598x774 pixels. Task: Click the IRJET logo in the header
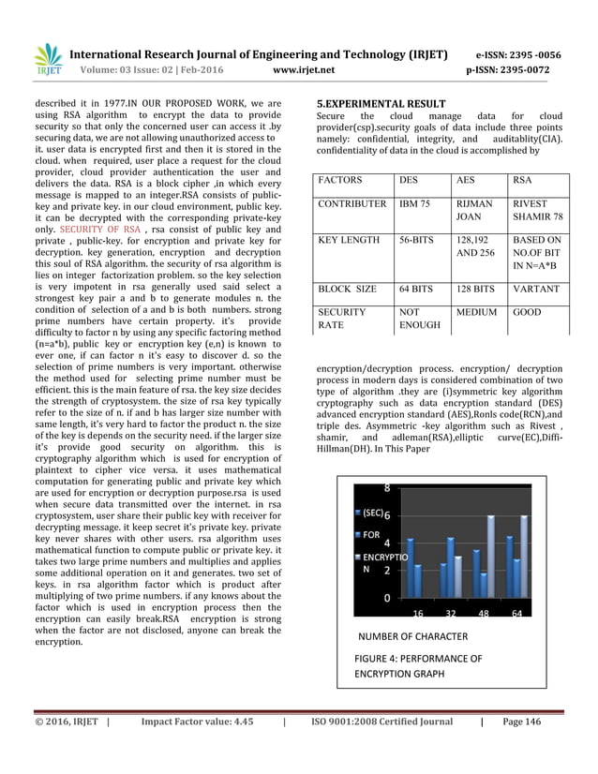pyautogui.click(x=47, y=61)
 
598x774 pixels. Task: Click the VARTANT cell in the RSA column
pyautogui.click(x=535, y=289)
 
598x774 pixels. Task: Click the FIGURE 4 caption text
pyautogui.click(x=417, y=666)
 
